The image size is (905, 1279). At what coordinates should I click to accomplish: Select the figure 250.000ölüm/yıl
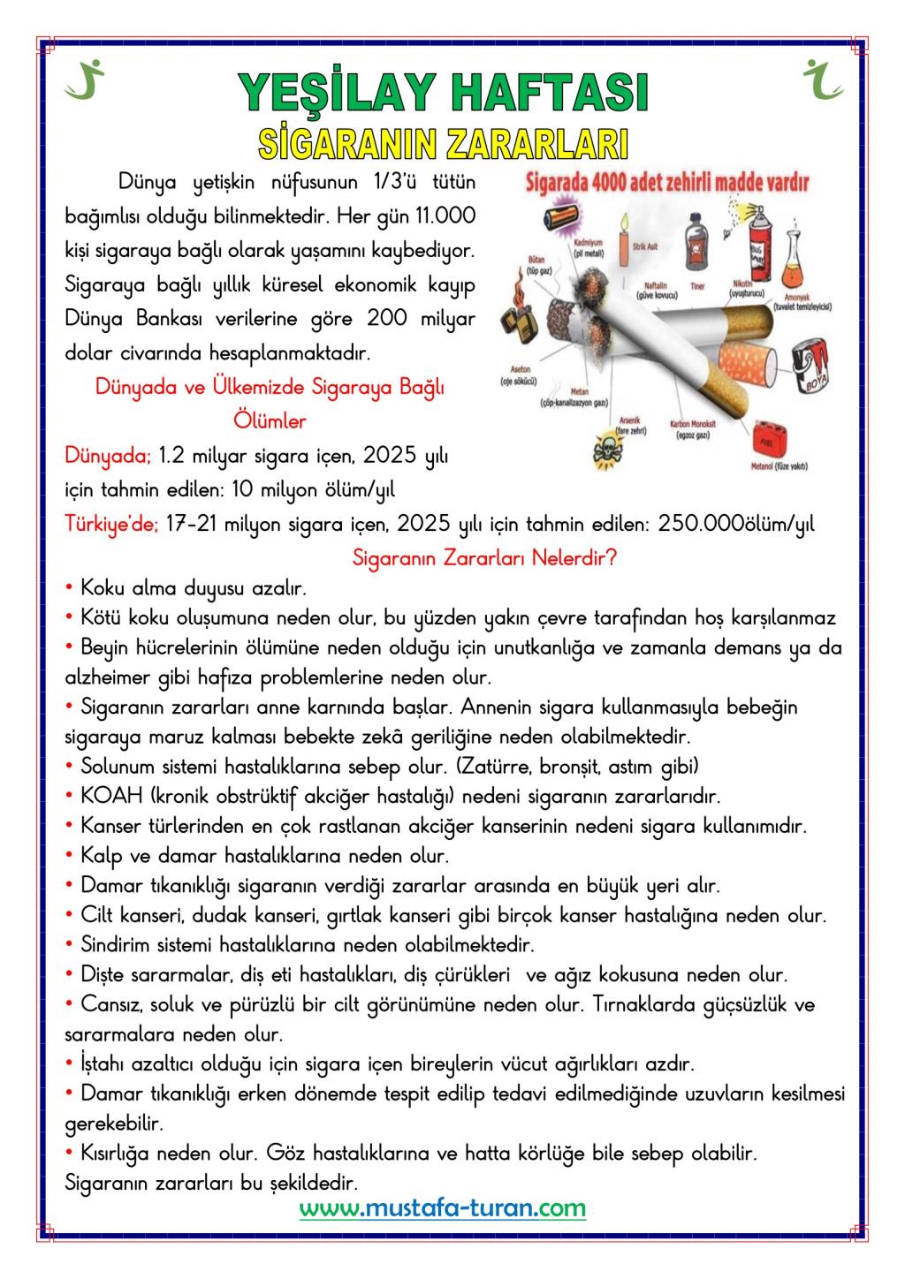[x=736, y=525]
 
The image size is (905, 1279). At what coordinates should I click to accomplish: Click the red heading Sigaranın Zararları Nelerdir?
[x=484, y=558]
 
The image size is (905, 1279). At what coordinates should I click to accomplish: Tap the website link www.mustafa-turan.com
[x=442, y=1207]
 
